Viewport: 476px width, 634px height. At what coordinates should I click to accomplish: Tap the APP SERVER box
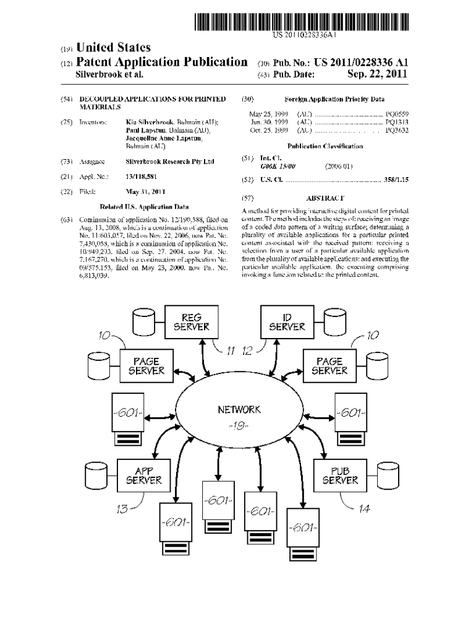click(x=144, y=475)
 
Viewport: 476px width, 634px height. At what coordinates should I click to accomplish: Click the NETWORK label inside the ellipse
click(x=239, y=409)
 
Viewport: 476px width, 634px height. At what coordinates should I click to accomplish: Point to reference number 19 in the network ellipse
click(x=239, y=425)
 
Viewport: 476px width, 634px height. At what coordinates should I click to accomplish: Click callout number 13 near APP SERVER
click(x=121, y=509)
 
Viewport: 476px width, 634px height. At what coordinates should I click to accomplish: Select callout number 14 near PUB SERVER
click(x=365, y=508)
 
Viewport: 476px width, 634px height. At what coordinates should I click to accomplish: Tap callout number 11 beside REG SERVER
click(x=231, y=351)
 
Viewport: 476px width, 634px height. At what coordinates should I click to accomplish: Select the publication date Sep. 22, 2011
click(x=378, y=74)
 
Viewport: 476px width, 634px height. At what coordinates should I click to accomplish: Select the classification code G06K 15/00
click(x=278, y=166)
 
